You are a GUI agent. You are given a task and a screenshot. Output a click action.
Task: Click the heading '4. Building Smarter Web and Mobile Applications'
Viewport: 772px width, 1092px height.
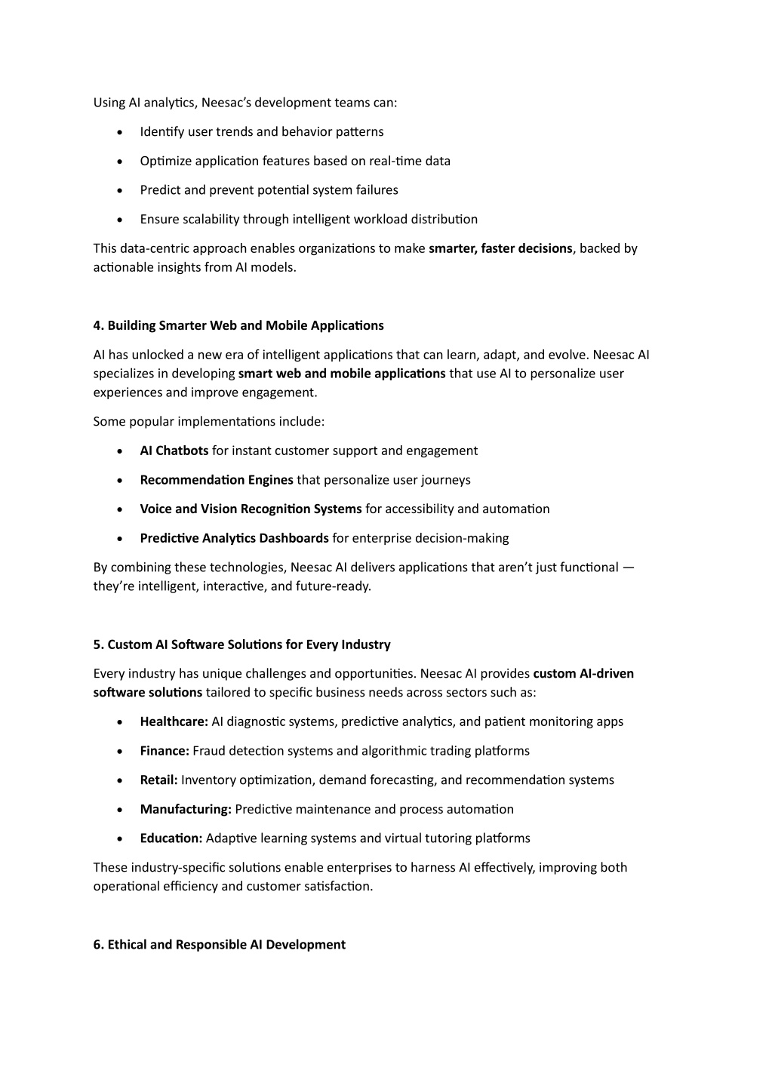pos(238,326)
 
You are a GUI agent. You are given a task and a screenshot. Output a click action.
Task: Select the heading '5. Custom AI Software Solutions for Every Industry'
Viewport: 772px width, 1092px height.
pos(241,644)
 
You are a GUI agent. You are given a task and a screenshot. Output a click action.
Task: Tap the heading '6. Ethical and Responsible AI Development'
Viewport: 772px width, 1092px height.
pos(220,945)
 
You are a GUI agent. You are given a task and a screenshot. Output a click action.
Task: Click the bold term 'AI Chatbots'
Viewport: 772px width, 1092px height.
pos(174,451)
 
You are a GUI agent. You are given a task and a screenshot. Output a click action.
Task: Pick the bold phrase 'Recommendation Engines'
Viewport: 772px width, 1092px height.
pos(217,480)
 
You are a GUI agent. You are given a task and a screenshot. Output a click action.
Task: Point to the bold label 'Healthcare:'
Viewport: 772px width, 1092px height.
pos(174,722)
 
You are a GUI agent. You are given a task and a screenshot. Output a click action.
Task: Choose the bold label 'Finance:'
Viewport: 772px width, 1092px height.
pos(165,751)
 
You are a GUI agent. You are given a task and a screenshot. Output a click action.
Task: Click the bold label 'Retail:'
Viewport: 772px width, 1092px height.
pos(158,780)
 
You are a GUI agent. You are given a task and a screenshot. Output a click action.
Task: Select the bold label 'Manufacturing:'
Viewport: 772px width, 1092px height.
pos(186,810)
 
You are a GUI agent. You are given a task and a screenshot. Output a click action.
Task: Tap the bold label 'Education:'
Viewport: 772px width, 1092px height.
pos(171,838)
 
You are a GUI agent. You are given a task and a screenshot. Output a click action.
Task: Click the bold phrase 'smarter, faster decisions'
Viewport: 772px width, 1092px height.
pos(500,248)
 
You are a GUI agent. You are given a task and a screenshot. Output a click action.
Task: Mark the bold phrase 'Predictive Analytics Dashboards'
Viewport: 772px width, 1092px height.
pos(234,539)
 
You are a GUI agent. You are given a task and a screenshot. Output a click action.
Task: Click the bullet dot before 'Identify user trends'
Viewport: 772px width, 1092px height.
pos(121,133)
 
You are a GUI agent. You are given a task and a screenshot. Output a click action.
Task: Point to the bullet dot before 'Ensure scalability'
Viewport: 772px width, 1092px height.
pos(121,220)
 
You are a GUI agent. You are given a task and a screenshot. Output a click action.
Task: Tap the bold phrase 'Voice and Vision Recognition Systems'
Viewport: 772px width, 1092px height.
pos(251,509)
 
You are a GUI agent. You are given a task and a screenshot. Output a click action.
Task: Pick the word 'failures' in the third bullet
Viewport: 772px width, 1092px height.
pos(377,190)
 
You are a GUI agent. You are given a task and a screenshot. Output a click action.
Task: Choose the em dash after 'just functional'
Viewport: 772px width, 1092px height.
pos(629,568)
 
